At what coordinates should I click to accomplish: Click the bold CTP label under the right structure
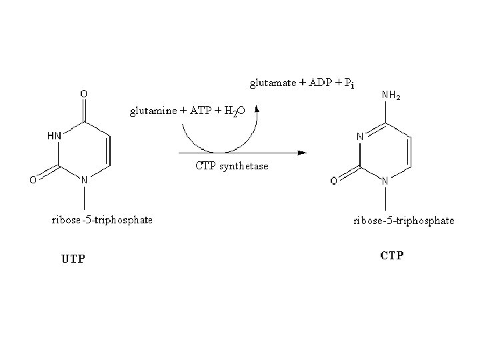[392, 256]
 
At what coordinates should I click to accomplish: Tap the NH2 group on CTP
[391, 97]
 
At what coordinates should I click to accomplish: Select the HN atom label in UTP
[54, 135]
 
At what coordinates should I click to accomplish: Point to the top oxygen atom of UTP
[84, 94]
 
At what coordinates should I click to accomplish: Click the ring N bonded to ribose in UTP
[85, 179]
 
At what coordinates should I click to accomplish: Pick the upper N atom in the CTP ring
[359, 137]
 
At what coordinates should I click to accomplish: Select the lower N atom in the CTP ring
[386, 179]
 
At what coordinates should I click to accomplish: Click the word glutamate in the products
[271, 83]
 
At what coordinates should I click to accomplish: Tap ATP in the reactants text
[199, 112]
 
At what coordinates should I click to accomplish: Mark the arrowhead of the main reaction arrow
[302, 153]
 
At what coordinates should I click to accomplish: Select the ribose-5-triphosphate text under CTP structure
[403, 220]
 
